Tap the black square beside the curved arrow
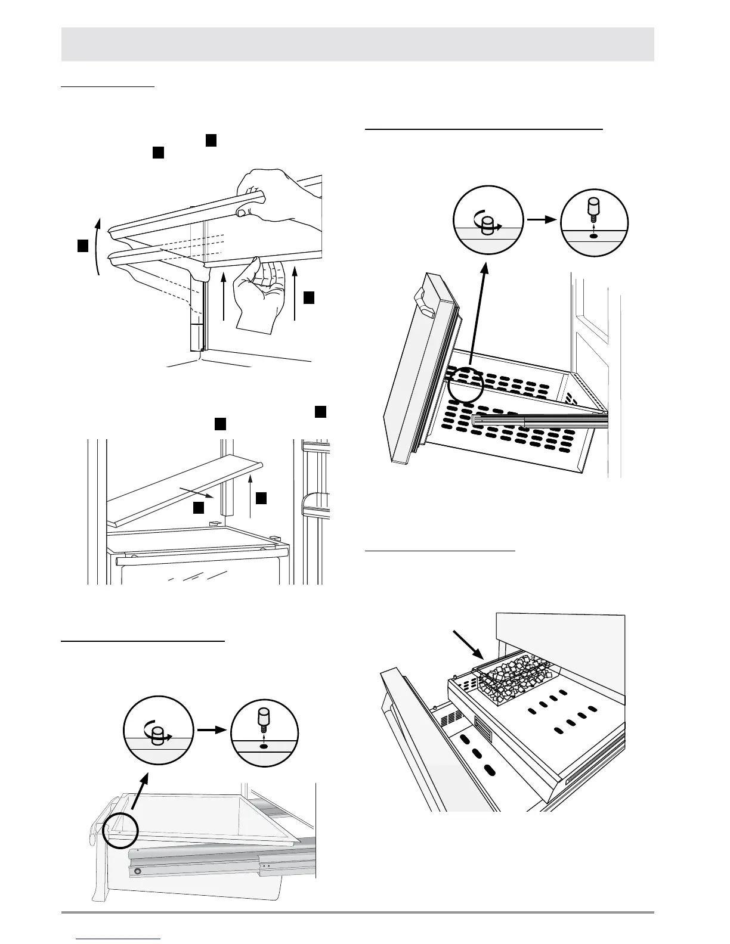coord(83,246)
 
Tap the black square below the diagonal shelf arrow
coord(199,507)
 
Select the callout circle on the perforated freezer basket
coord(465,383)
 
